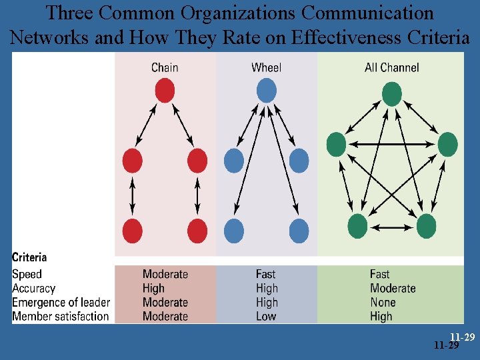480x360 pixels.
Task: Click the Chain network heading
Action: (165, 67)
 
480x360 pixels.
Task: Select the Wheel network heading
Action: (266, 67)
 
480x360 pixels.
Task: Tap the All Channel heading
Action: (392, 67)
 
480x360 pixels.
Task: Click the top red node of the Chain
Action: (165, 91)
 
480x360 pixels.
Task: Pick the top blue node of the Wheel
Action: (266, 91)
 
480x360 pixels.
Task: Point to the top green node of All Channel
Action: (392, 94)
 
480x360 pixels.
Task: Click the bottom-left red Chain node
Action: (132, 231)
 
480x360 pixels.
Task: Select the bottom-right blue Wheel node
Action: (299, 231)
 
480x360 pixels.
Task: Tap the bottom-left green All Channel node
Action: (357, 227)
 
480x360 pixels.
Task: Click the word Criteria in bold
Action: (29, 257)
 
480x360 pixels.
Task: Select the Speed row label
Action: (27, 274)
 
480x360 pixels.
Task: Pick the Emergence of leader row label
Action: (61, 303)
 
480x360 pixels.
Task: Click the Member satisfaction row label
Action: (60, 317)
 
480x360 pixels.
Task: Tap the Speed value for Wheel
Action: (266, 274)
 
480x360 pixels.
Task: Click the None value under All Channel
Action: (383, 303)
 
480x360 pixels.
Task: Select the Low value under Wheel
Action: (266, 317)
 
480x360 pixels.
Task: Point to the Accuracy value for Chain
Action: (153, 289)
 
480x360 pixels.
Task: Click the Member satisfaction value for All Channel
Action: (381, 317)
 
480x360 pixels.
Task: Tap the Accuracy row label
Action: (33, 289)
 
